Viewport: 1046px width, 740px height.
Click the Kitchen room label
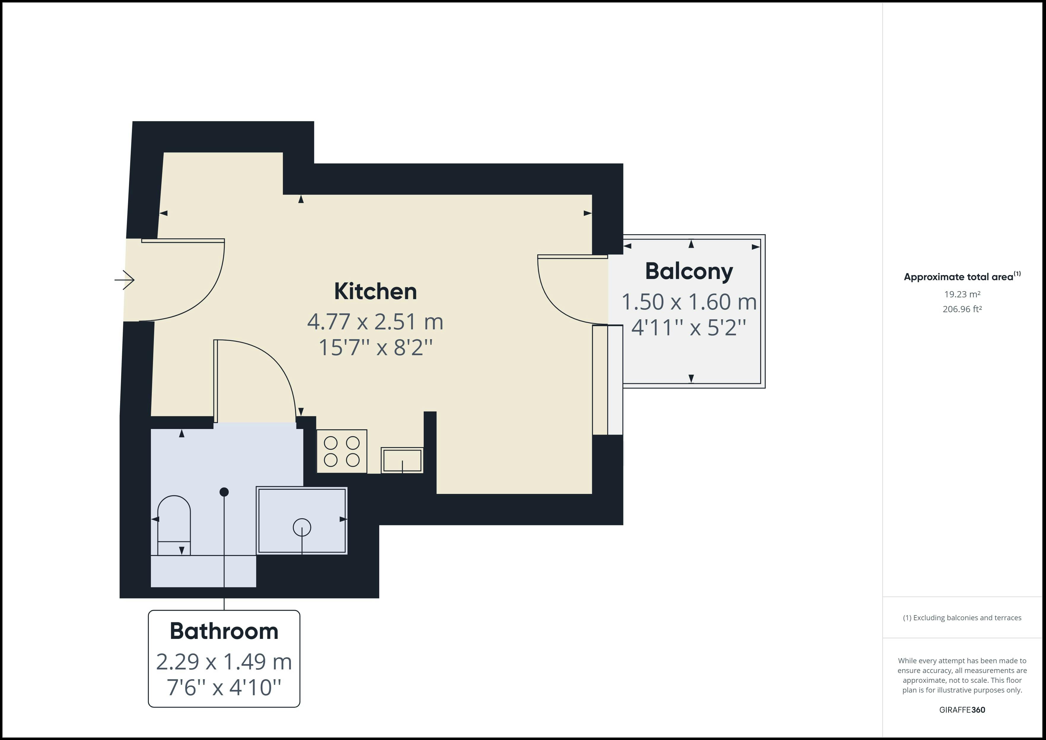tap(375, 291)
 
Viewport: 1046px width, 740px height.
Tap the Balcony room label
tap(689, 272)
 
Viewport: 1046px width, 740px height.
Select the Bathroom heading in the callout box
tap(224, 631)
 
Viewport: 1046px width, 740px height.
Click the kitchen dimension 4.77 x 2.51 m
tap(375, 322)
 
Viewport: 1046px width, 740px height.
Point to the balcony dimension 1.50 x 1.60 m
tap(689, 302)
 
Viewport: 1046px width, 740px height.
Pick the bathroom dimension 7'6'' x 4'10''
tap(224, 687)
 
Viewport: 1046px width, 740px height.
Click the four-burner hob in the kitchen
tap(342, 451)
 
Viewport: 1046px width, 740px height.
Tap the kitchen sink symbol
tap(402, 460)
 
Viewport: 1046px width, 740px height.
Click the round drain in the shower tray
tap(302, 528)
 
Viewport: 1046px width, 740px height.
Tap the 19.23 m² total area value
tap(962, 294)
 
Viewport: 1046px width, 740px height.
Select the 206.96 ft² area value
tap(962, 309)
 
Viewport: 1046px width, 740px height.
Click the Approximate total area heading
tap(962, 277)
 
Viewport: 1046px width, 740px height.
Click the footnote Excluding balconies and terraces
tap(962, 618)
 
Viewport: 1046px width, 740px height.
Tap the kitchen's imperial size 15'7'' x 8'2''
tap(375, 348)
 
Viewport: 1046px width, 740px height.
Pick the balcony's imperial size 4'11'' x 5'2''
tap(689, 327)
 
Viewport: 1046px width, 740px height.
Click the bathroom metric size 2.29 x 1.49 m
tap(224, 662)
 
